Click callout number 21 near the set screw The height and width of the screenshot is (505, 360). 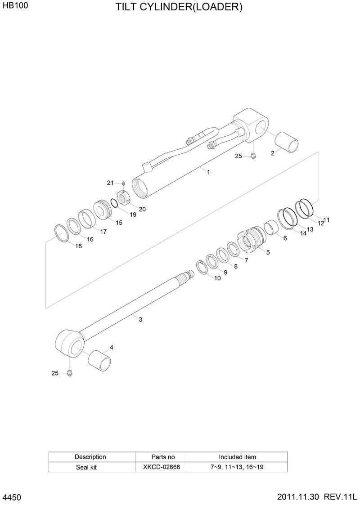coord(110,183)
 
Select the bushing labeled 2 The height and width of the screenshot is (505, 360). coord(287,141)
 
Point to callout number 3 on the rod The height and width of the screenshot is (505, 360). coord(140,320)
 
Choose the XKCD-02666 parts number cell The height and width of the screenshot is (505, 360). coord(162,467)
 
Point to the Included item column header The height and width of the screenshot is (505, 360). coord(237,457)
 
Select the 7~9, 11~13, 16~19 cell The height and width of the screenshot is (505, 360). coord(237,467)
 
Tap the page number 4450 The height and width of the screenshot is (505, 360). coord(12,497)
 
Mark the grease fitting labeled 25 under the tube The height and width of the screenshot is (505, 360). coord(253,156)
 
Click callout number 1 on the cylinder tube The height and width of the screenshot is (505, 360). coord(208,171)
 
